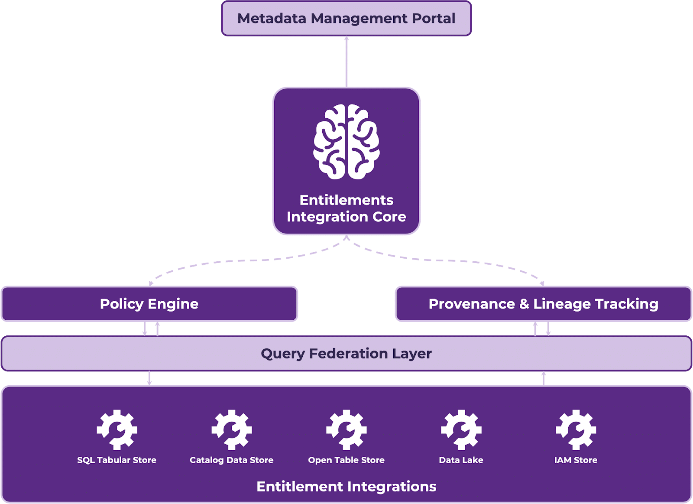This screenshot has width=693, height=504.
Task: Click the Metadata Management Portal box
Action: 346,19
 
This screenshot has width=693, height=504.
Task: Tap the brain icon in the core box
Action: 346,142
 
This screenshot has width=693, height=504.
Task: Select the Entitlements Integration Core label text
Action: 346,208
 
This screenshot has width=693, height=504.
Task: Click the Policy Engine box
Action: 149,304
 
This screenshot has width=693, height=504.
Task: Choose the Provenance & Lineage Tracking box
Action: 543,304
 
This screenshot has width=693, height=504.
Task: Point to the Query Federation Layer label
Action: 346,354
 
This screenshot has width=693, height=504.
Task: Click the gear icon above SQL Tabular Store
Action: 117,429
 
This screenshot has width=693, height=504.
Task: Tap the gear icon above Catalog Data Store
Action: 232,429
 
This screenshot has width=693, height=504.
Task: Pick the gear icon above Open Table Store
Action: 346,429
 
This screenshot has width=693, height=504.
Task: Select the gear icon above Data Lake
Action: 461,429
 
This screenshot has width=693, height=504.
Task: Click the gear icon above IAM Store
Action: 576,429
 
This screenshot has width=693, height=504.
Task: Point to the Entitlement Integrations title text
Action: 346,487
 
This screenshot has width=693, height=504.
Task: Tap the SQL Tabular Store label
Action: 117,460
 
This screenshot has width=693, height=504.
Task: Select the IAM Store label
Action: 576,460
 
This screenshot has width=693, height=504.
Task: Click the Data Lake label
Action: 461,460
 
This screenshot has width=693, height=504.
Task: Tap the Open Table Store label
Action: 346,460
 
